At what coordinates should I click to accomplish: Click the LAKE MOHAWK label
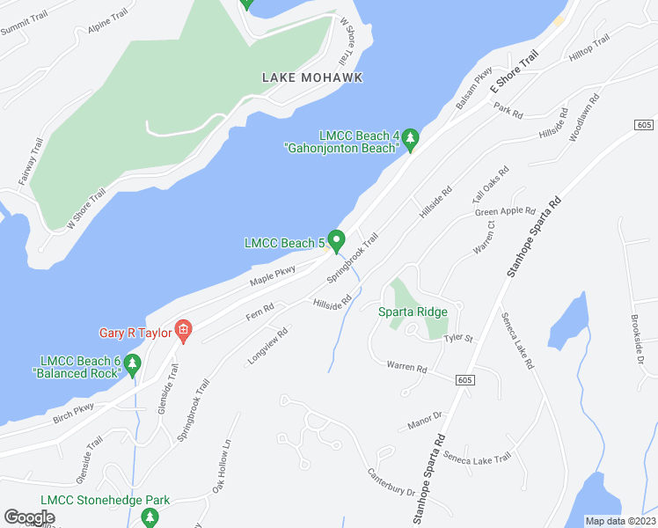312,77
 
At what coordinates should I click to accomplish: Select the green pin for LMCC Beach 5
337,239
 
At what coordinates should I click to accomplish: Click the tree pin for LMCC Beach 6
133,363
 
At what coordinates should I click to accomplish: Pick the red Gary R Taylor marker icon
183,332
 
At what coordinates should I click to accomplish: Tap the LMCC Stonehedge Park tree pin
146,514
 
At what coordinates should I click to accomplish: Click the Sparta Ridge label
413,312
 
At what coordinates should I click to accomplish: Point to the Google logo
29,517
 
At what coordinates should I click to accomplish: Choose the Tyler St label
458,337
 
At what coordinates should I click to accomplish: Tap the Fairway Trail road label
31,162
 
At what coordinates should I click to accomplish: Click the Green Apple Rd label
505,211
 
